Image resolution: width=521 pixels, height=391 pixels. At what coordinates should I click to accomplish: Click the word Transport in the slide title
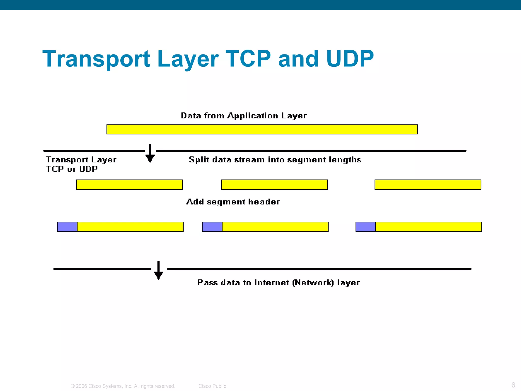[x=96, y=59]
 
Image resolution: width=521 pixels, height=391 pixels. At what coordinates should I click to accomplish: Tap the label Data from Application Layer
[x=244, y=116]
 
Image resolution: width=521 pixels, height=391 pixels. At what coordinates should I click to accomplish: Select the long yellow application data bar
[x=262, y=129]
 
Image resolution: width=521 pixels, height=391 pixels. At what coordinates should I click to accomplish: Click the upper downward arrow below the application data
[x=150, y=153]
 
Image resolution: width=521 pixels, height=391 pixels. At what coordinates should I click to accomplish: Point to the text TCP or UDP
[x=72, y=169]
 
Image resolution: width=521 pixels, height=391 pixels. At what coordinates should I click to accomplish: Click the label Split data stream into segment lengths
[x=275, y=160]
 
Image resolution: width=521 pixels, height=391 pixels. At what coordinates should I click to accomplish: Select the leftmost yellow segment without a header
[x=129, y=185]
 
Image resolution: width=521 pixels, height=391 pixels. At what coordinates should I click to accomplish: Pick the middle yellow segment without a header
[x=274, y=185]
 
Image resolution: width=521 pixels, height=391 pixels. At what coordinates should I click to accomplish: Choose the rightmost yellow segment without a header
[x=428, y=185]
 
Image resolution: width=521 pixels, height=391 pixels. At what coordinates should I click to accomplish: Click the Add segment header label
[x=233, y=202]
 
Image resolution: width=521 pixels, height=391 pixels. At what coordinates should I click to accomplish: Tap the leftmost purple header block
[x=67, y=227]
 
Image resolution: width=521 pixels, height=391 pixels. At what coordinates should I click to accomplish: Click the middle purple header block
[x=212, y=227]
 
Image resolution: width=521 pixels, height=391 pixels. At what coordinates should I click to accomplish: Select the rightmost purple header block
[x=366, y=227]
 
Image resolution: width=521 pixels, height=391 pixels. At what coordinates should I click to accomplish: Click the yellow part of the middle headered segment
[x=275, y=227]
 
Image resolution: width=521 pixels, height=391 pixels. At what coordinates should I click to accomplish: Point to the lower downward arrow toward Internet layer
[x=158, y=271]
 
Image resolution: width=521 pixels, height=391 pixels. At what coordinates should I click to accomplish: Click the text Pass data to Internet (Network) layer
[x=278, y=283]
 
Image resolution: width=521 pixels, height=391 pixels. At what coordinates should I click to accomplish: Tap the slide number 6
[x=513, y=385]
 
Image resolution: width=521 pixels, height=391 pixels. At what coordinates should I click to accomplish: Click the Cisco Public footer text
[x=212, y=386]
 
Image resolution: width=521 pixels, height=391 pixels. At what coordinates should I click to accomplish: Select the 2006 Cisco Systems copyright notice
[x=123, y=386]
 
